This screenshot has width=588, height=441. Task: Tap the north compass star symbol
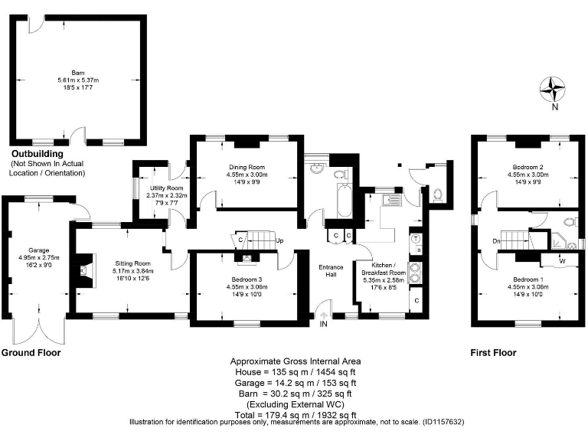(552, 90)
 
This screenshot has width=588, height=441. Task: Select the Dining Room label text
(246, 167)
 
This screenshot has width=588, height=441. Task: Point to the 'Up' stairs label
(281, 240)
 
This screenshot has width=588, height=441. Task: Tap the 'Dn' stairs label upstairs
(497, 241)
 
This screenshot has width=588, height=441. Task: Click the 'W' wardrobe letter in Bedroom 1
(563, 261)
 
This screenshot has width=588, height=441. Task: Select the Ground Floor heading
(31, 353)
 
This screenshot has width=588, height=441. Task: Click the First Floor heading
(492, 353)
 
